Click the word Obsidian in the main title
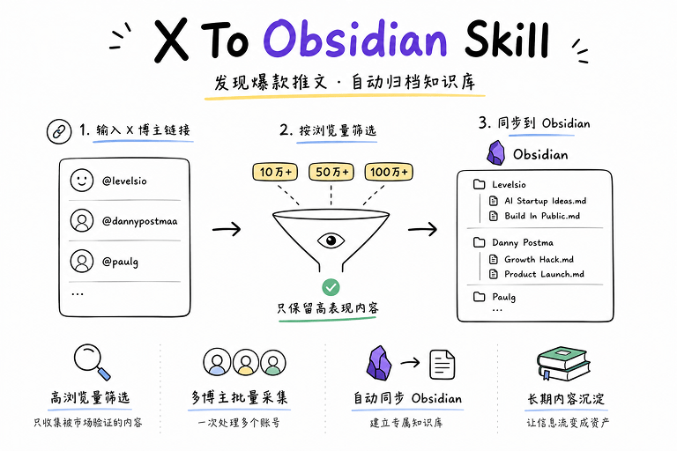(x=355, y=39)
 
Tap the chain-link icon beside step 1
(x=59, y=131)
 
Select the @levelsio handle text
(x=124, y=181)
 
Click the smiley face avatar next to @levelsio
(x=82, y=180)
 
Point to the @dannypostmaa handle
(x=139, y=221)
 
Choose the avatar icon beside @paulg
(x=82, y=261)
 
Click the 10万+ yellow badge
(x=275, y=172)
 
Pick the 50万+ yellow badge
(x=331, y=172)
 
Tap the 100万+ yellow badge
(x=389, y=172)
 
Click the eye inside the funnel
(x=331, y=240)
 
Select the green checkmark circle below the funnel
(x=331, y=287)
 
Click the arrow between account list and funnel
(x=227, y=229)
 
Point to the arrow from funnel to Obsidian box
(x=422, y=229)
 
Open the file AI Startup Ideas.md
(x=538, y=201)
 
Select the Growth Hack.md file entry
(x=532, y=259)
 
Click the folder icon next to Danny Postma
(x=480, y=242)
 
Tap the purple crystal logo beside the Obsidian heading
(x=495, y=152)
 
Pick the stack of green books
(x=563, y=363)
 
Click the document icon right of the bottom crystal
(x=443, y=365)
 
